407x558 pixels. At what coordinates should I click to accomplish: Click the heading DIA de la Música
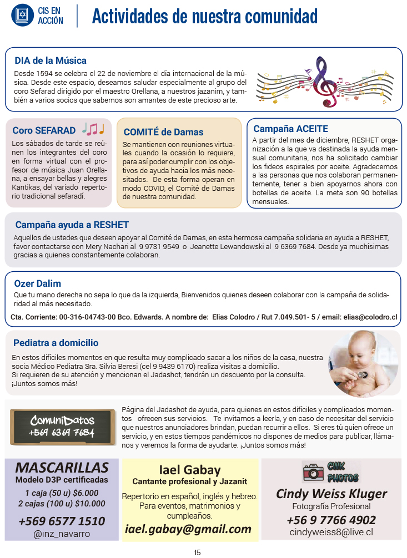point(51,60)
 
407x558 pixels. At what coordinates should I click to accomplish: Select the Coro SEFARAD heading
point(44,131)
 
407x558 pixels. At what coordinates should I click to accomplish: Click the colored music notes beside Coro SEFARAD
point(93,129)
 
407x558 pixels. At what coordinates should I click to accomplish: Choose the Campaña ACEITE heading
point(290,129)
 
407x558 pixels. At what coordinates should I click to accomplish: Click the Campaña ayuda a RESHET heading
point(72,225)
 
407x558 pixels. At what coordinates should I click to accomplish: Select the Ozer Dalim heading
point(37,283)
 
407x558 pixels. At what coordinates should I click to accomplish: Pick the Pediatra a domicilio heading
point(56,343)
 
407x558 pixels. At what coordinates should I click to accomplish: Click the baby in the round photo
point(360,364)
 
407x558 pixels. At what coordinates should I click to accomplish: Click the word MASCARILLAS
point(62,467)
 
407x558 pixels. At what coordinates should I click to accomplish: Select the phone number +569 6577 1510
point(62,521)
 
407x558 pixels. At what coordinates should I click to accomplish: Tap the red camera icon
point(313,472)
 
